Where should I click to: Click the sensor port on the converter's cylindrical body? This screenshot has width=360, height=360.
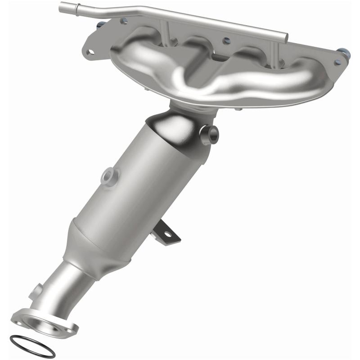108,175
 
